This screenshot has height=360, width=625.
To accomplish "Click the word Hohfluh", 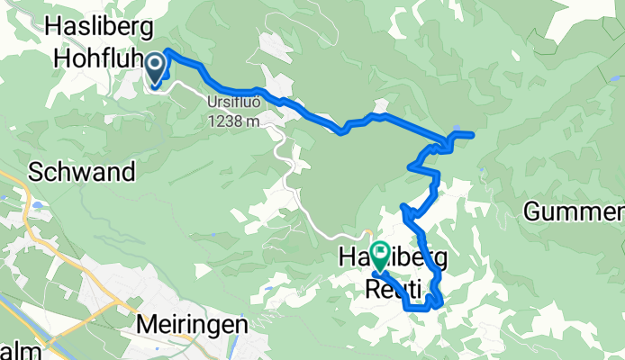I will click(x=94, y=58).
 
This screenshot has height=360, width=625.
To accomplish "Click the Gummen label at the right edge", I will click(x=574, y=212).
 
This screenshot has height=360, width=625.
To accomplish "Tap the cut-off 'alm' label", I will click(x=14, y=349).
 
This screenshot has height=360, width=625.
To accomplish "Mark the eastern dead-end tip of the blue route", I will click(x=471, y=134).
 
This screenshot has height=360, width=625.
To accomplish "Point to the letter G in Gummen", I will click(x=533, y=212).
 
